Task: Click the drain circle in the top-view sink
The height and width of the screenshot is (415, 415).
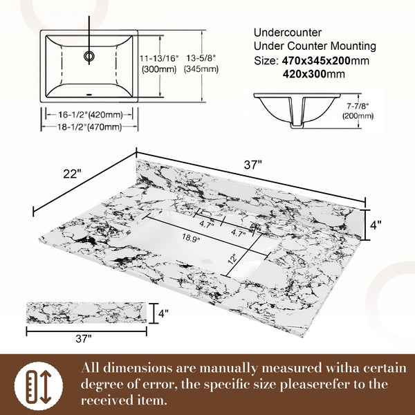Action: click(x=89, y=56)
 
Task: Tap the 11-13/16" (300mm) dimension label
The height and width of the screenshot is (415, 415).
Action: click(x=159, y=64)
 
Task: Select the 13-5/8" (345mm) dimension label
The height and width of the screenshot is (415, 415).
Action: click(x=201, y=64)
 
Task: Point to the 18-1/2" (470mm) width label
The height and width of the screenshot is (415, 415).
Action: click(x=90, y=127)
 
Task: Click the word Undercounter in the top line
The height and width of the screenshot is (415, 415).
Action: click(x=288, y=33)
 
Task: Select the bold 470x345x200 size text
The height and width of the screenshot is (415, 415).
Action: click(x=316, y=61)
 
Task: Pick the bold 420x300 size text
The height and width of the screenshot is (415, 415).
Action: click(x=304, y=74)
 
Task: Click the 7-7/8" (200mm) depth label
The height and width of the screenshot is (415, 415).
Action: click(x=358, y=111)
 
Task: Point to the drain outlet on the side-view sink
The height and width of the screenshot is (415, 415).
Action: click(x=297, y=124)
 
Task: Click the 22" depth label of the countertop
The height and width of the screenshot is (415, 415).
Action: click(x=72, y=174)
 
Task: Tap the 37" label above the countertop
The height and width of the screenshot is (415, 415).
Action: click(x=252, y=165)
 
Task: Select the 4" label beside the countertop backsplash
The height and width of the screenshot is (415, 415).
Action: click(x=376, y=225)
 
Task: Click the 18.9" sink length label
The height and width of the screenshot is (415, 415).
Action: click(x=191, y=238)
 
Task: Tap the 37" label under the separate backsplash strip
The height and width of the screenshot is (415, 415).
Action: click(x=84, y=338)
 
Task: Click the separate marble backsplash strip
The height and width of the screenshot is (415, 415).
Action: click(x=86, y=313)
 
